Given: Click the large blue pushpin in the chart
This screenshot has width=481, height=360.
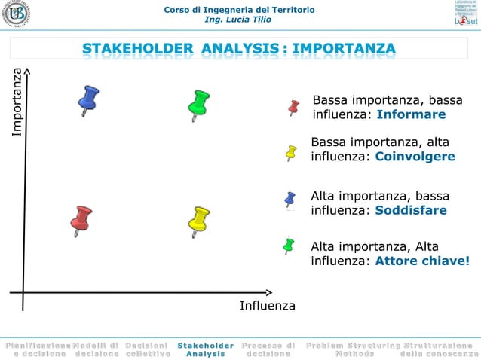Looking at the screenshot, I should click(x=88, y=99).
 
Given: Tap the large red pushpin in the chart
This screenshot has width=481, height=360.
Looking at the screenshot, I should click(x=80, y=219).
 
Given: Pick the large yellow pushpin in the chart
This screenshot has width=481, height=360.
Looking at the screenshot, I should click(x=198, y=220).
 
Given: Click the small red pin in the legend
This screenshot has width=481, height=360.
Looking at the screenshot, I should click(x=294, y=108).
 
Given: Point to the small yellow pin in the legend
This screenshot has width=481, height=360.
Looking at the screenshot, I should click(x=291, y=152).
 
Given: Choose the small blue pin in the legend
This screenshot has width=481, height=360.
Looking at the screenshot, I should click(x=290, y=199).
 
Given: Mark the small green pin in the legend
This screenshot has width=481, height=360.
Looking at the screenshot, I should click(x=288, y=245).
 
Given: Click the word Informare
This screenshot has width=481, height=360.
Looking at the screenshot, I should click(x=411, y=115).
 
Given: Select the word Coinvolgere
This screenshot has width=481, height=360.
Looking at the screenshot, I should click(x=415, y=157).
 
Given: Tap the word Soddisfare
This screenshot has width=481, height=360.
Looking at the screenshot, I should click(x=411, y=210).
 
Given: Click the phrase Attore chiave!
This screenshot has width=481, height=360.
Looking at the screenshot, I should click(x=422, y=261).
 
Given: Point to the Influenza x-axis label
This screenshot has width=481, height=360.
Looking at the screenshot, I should click(x=267, y=306).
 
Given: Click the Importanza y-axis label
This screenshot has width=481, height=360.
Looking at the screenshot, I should click(x=17, y=102).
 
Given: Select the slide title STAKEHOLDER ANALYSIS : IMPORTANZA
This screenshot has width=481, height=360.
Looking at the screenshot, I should click(x=238, y=50).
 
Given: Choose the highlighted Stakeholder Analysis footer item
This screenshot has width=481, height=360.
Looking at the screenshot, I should click(x=205, y=349).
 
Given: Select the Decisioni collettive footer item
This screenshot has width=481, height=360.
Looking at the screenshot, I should click(x=147, y=349).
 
